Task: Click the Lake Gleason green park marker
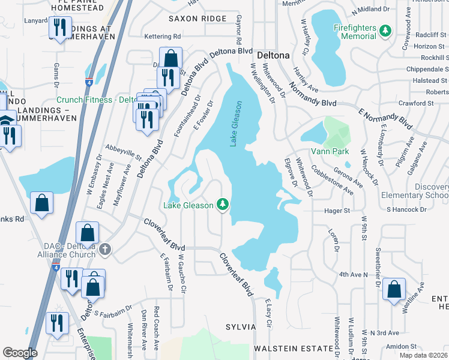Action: click(223, 205)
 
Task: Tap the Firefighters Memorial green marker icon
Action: click(385, 31)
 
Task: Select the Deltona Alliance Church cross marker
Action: click(105, 249)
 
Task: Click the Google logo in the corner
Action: click(20, 353)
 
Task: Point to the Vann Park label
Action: click(330, 151)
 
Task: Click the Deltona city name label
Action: click(274, 55)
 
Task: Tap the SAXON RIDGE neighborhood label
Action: click(197, 19)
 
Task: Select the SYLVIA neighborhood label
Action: click(241, 327)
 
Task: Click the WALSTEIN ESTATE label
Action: click(293, 349)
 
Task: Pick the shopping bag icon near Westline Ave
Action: click(394, 290)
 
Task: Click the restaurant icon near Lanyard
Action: click(60, 28)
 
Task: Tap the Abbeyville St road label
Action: click(122, 151)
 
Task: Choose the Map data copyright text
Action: click(423, 355)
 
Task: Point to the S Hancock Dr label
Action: click(406, 210)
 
